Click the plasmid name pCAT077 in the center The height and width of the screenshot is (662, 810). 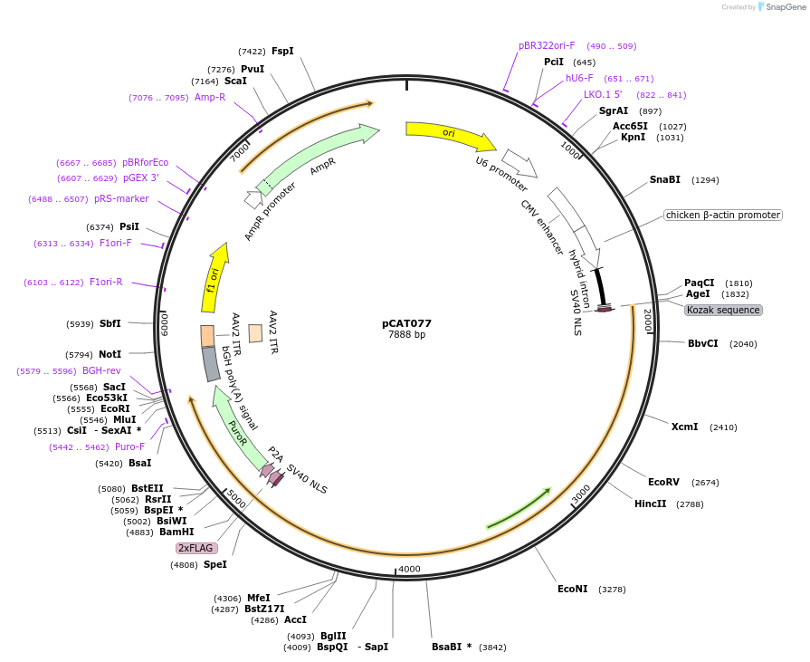coord(406,323)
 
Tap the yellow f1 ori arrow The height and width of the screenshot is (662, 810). coord(214,278)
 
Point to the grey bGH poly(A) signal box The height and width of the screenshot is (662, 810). coord(211,364)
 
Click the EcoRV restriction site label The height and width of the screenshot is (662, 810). coord(663,482)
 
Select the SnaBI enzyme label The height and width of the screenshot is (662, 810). coord(664,180)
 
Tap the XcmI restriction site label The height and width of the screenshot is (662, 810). coord(684,427)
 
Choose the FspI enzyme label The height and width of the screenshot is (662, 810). coord(282,52)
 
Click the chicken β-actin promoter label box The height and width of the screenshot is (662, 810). coord(722,216)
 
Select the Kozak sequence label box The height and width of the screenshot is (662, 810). coord(723,310)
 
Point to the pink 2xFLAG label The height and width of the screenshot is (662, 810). coord(196,548)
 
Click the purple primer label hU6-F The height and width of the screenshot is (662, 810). coord(579,79)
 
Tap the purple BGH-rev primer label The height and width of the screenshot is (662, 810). coord(101,370)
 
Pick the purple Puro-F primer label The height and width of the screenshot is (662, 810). coord(129,446)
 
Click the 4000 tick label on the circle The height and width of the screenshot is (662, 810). coord(409,569)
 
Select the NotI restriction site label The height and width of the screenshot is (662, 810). coord(110,354)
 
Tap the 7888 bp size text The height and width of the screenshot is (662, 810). coord(406,335)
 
